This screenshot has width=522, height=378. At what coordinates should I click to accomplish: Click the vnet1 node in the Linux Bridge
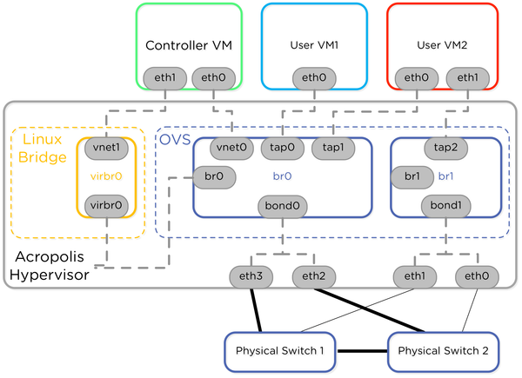coord(105,148)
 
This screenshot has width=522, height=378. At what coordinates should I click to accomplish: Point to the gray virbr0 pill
coord(105,206)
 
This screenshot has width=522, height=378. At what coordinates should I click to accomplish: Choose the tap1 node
coord(332,148)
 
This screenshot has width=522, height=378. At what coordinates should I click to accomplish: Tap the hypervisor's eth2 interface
coord(312,276)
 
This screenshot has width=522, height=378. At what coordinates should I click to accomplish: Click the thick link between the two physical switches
coord(361,351)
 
